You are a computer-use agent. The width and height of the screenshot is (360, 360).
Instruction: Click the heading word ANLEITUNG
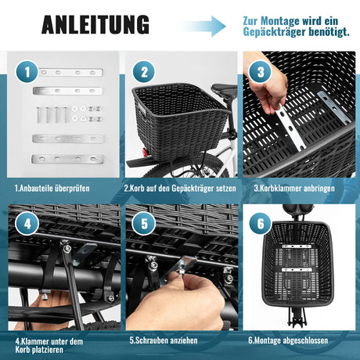click(95, 24)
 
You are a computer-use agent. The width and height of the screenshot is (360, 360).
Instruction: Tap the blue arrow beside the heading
click(203, 26)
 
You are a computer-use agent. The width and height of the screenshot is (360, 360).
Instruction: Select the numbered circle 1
click(27, 72)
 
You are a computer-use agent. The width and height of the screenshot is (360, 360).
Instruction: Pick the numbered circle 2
click(144, 72)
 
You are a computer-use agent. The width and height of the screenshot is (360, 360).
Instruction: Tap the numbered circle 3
click(261, 72)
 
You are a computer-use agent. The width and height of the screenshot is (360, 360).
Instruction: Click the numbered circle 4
click(27, 224)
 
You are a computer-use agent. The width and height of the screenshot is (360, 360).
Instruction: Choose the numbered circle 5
click(144, 224)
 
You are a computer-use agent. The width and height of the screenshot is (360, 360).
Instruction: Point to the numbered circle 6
click(261, 224)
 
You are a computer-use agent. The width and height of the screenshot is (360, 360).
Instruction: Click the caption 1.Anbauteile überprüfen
click(52, 189)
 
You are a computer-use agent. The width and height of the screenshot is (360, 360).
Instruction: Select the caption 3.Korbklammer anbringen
click(294, 189)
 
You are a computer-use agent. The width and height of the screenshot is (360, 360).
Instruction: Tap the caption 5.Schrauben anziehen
click(164, 340)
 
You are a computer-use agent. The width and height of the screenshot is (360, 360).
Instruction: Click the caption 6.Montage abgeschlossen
click(288, 340)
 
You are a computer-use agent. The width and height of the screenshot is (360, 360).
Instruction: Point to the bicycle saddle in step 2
click(225, 89)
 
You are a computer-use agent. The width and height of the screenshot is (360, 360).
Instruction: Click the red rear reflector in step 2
click(144, 151)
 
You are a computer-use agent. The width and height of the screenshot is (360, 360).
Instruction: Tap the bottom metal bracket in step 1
click(67, 159)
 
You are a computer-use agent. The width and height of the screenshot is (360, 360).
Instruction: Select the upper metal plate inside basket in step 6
click(296, 247)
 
